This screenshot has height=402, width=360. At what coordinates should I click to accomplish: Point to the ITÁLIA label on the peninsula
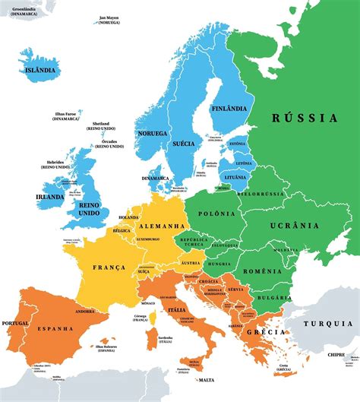point(175,310)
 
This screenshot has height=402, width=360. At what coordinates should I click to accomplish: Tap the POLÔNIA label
point(213,215)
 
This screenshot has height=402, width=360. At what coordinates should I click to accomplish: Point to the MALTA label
point(205,380)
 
